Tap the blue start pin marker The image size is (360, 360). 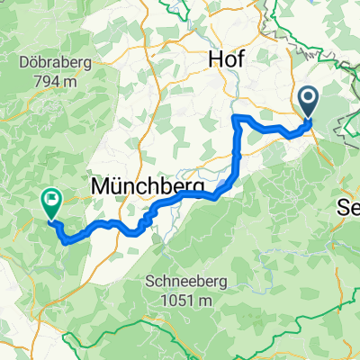(308, 102)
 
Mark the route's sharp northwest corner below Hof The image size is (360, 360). (234, 118)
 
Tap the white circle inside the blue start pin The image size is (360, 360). (308, 99)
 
